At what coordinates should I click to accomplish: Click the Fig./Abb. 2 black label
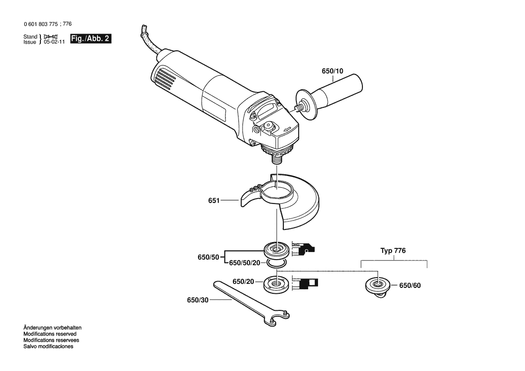tap(90, 39)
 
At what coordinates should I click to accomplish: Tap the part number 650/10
tap(332, 71)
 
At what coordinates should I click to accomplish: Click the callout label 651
tap(214, 201)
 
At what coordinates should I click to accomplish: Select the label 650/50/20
tap(244, 263)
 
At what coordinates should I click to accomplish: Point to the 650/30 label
tap(198, 300)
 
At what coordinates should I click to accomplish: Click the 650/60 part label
tap(410, 286)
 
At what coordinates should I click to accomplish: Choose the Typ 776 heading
tap(393, 251)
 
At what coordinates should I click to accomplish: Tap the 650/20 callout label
tap(243, 282)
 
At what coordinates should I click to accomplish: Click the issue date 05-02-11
tap(54, 42)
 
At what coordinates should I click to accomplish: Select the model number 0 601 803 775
tap(41, 24)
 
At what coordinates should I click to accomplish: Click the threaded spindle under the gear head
tap(276, 158)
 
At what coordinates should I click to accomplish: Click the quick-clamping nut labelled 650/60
tap(377, 287)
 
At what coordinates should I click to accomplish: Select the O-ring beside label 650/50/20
tap(277, 263)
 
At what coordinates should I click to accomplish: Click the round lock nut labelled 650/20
tap(277, 285)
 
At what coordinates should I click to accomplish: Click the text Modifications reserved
tap(50, 334)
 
